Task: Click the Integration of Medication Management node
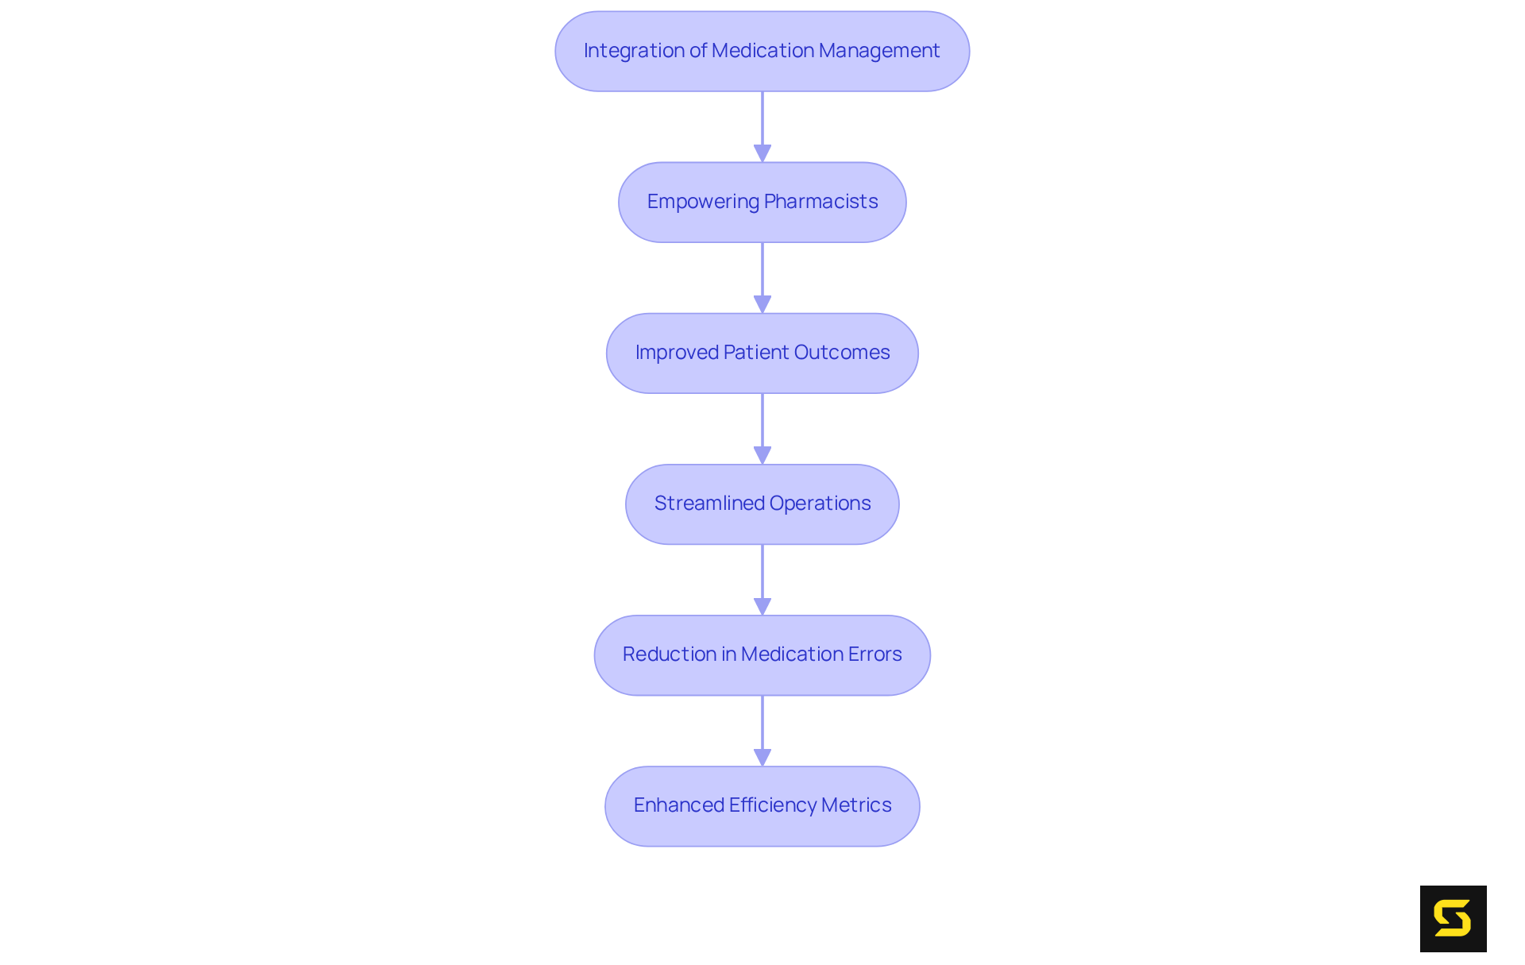762,51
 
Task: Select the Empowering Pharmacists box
762,202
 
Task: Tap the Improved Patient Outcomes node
762,353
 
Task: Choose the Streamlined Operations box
762,504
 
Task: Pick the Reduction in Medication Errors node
762,654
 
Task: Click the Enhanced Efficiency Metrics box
762,805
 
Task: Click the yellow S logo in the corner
1453,918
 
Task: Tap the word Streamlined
709,504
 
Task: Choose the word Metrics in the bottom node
856,805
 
